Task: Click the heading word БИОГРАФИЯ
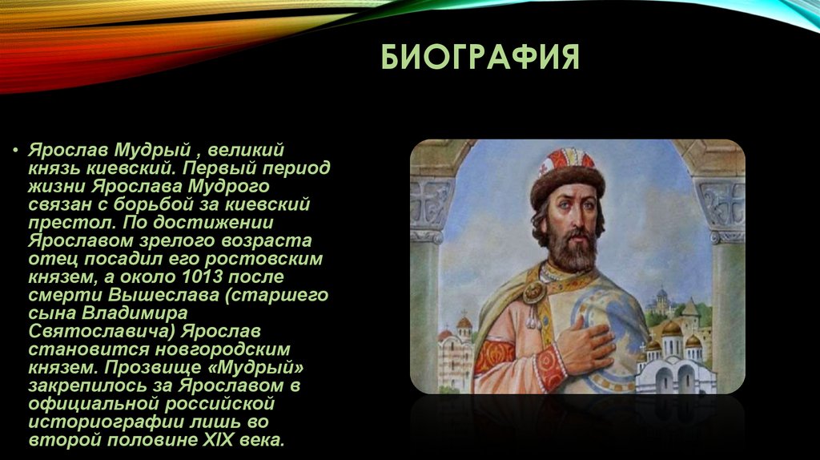(480, 57)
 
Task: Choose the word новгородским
(223, 349)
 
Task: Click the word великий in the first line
(246, 150)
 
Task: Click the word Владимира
(135, 313)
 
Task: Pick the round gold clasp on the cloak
(534, 291)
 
